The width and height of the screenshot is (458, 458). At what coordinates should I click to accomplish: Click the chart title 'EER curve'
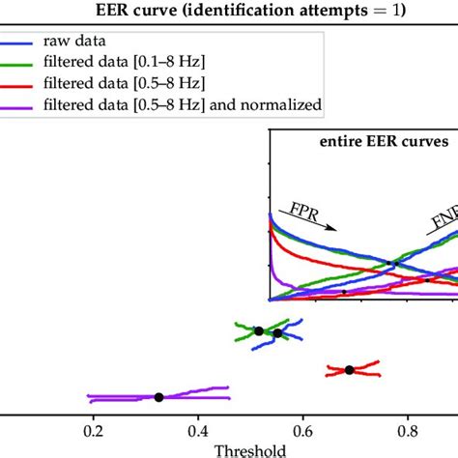point(230,12)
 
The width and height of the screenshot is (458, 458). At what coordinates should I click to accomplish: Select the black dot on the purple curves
point(158,396)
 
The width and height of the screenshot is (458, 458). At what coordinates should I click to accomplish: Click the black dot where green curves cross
point(259,330)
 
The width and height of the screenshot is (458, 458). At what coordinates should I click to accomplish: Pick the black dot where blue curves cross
point(277,333)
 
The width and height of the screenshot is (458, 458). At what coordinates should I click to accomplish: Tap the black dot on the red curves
point(350,369)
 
